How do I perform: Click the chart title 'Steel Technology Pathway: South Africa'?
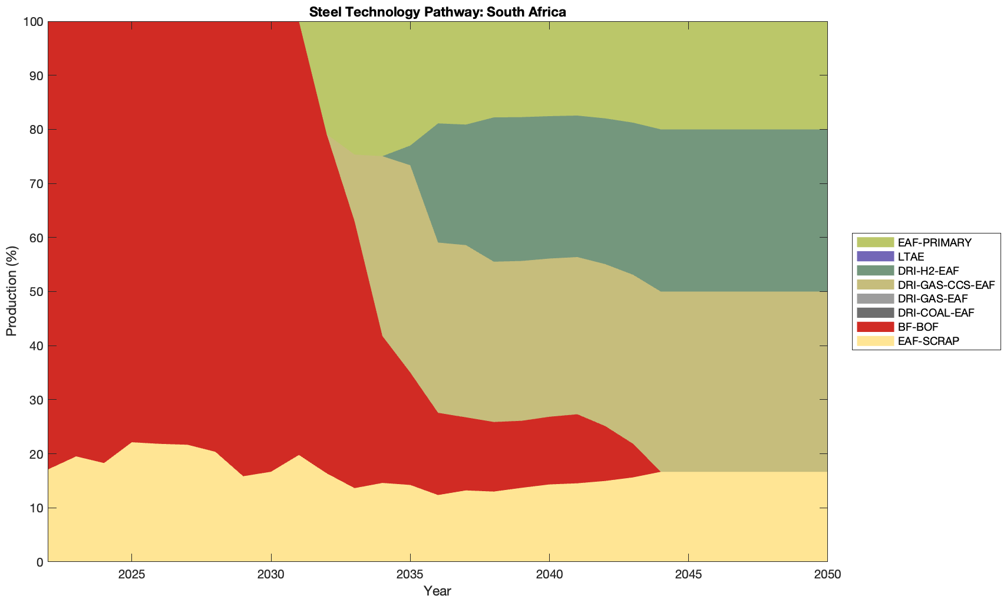point(437,11)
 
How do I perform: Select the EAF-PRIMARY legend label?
point(935,242)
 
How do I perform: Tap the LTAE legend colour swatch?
point(875,256)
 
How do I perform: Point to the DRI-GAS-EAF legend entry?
point(932,299)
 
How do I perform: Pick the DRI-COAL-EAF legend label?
point(936,312)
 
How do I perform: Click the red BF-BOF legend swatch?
point(875,327)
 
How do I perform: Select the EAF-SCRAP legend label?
point(929,341)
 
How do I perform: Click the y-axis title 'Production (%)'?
point(12,291)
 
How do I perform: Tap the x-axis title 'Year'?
point(437,591)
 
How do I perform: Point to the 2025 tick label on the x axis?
point(132,575)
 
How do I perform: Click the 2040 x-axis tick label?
point(549,575)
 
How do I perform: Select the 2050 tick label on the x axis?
point(827,575)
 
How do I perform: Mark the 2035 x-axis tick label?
point(410,575)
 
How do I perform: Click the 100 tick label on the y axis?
point(33,22)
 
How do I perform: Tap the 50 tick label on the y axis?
point(36,292)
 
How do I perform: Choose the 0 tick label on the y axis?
point(39,562)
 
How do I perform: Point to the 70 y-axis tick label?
point(36,184)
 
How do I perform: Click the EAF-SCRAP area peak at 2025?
point(132,443)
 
